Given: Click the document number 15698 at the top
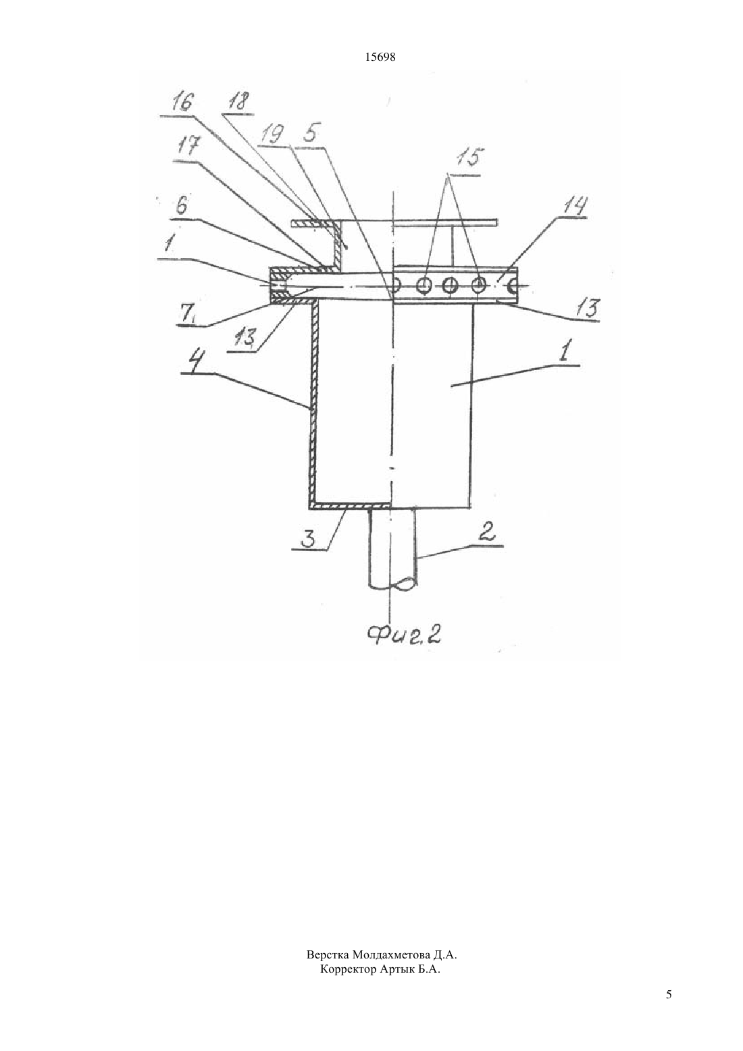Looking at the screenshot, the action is click(x=380, y=57).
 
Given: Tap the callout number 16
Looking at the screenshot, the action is click(x=181, y=102).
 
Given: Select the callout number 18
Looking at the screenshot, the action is click(x=239, y=101).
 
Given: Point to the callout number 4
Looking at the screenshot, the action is click(x=191, y=362).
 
